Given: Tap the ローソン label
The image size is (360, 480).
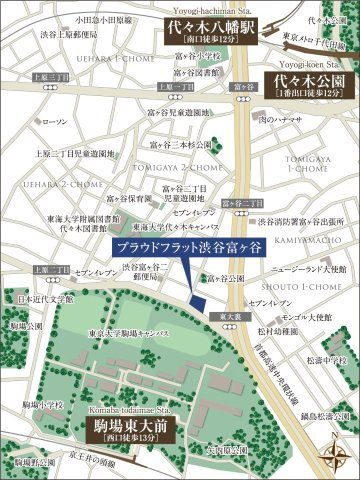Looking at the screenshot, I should (57, 121).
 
